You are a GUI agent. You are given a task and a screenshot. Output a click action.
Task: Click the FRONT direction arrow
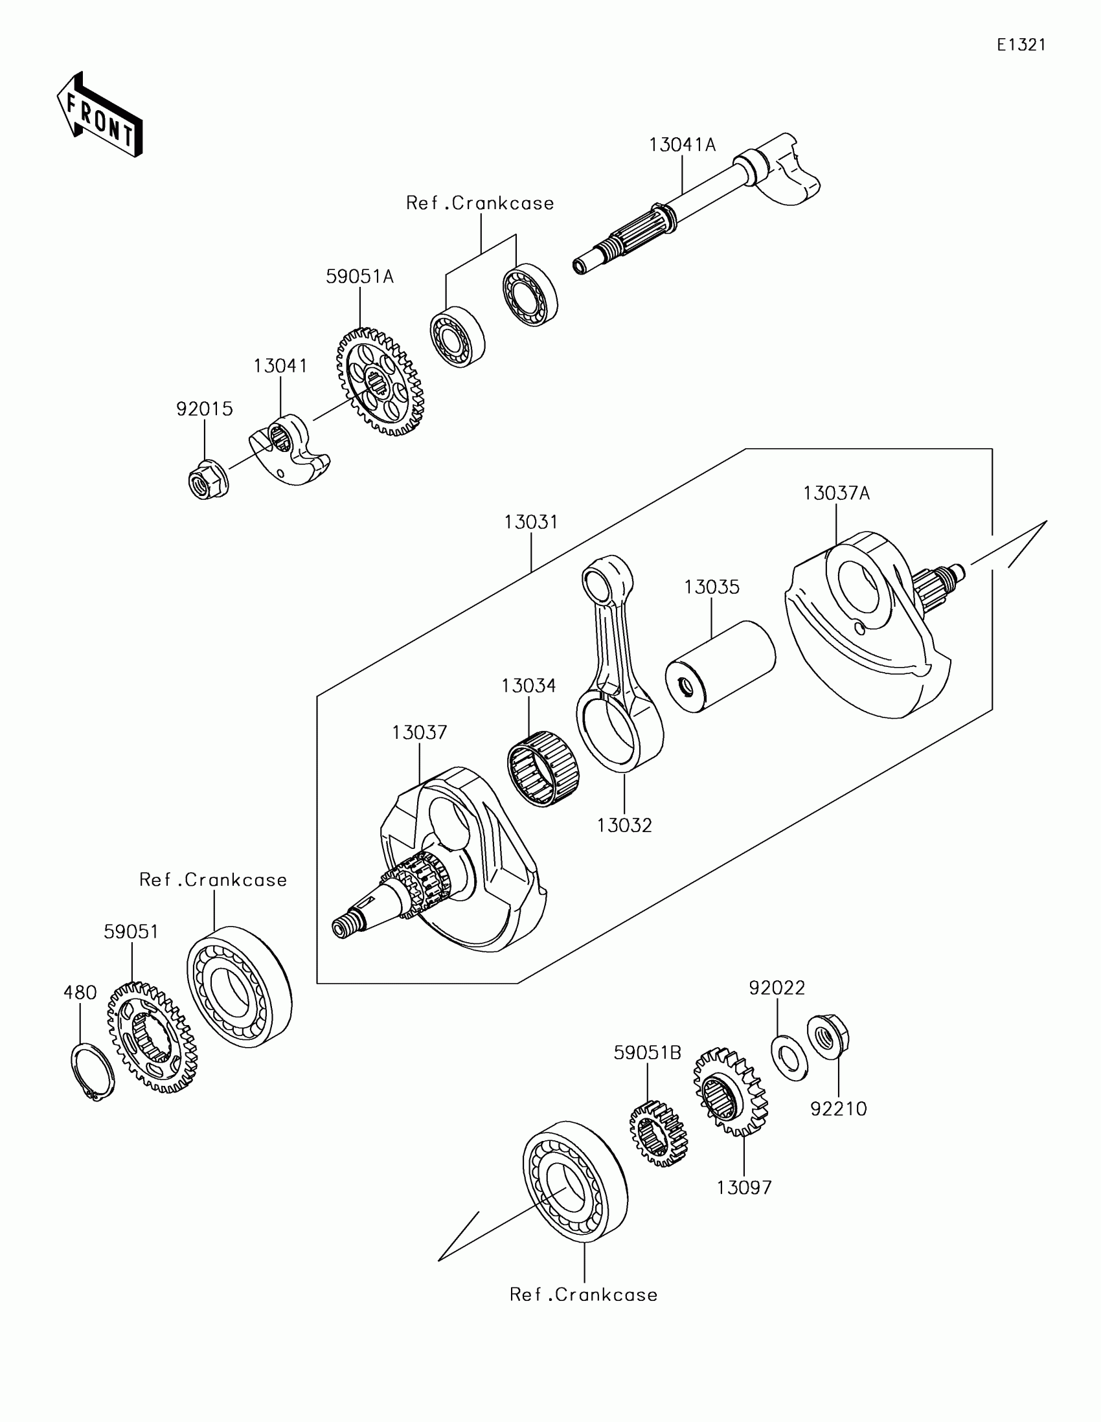coord(100,116)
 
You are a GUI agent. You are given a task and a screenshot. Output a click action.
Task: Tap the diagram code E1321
coord(1021,45)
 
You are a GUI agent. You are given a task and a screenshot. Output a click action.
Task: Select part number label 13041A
coord(682,144)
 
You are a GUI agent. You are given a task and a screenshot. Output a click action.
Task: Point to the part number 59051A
coord(359,276)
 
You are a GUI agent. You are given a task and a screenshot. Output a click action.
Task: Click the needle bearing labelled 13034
coord(543,768)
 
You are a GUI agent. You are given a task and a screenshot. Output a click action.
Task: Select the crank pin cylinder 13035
coord(720,666)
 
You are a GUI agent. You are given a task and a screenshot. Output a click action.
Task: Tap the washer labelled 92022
coord(789,1057)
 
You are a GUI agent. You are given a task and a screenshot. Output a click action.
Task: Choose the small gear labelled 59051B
coord(658,1134)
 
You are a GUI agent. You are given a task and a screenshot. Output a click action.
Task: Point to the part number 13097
coord(743,1188)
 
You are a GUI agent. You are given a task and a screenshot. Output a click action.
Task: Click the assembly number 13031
coord(530,522)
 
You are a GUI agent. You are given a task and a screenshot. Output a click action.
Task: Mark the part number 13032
coord(624,825)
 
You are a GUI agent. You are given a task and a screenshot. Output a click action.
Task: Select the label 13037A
coord(836,493)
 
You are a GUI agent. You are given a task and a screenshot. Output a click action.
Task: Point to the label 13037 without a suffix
coord(419,732)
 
